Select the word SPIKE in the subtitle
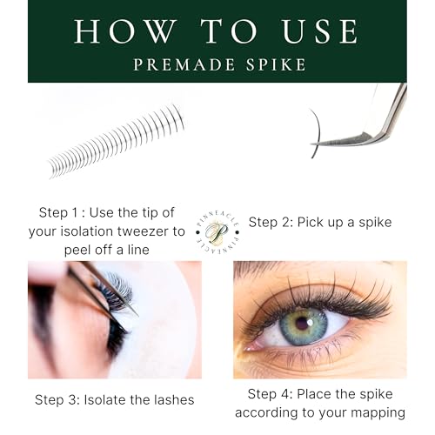pyautogui.click(x=276, y=64)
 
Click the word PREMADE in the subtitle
pyautogui.click(x=184, y=64)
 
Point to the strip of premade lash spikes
pyautogui.click(x=116, y=142)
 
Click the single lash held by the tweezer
pyautogui.click(x=318, y=132)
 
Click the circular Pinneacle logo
pyautogui.click(x=217, y=232)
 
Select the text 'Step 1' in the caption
pyautogui.click(x=58, y=213)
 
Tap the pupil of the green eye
pyautogui.click(x=303, y=323)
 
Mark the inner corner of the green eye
pyautogui.click(x=246, y=348)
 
